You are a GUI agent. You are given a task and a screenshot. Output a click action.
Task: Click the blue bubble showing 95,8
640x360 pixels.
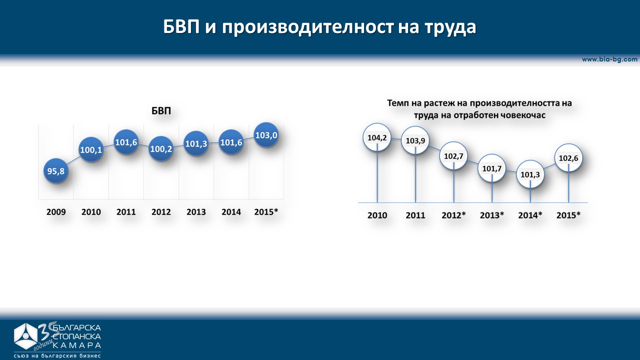pyautogui.click(x=56, y=171)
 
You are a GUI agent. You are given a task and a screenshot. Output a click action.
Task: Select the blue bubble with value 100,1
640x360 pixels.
pyautogui.click(x=91, y=149)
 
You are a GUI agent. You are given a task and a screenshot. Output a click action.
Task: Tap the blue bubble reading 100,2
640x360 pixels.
pyautogui.click(x=161, y=148)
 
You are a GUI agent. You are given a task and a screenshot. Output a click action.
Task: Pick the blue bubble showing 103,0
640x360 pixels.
pyautogui.click(x=266, y=135)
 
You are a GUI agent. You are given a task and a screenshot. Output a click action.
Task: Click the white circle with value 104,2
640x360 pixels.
pyautogui.click(x=377, y=137)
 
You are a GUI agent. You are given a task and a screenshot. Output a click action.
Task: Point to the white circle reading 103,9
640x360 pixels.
pyautogui.click(x=415, y=140)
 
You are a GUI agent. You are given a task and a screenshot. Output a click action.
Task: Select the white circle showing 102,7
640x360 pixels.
pyautogui.click(x=453, y=156)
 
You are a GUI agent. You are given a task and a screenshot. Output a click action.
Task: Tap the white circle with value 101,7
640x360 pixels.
pyautogui.click(x=492, y=168)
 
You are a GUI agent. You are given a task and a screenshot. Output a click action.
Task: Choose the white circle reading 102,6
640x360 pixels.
pyautogui.click(x=568, y=158)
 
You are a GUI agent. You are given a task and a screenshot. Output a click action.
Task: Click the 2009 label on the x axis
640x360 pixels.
pyautogui.click(x=56, y=212)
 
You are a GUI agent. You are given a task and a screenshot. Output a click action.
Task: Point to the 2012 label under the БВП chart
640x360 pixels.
pyautogui.click(x=161, y=212)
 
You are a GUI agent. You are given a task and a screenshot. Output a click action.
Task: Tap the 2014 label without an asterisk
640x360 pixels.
pyautogui.click(x=231, y=212)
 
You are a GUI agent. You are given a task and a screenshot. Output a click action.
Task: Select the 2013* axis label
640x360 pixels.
pyautogui.click(x=492, y=215)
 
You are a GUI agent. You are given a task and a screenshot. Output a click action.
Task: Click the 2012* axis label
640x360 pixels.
pyautogui.click(x=453, y=215)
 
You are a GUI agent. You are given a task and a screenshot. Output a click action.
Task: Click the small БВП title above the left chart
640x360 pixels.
pyautogui.click(x=161, y=111)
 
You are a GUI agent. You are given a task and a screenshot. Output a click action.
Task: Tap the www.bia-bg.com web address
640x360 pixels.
pyautogui.click(x=609, y=59)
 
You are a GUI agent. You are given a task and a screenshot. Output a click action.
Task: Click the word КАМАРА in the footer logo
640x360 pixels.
pyautogui.click(x=77, y=345)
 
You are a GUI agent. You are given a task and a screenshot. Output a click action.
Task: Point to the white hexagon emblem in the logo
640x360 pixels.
pyautogui.click(x=25, y=336)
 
